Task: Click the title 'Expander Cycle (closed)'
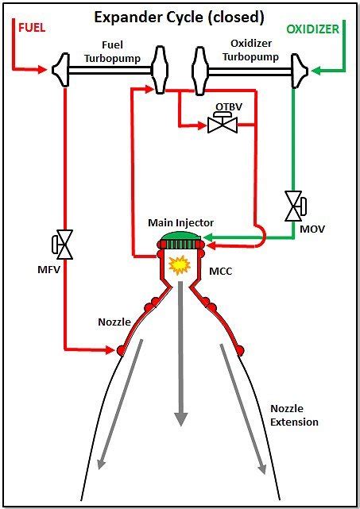tap(180, 17)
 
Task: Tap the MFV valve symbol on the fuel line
tap(63, 244)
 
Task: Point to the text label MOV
tap(311, 229)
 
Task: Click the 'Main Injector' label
tap(180, 222)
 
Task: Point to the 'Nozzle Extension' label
tap(293, 415)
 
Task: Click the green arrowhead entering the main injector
tap(209, 236)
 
